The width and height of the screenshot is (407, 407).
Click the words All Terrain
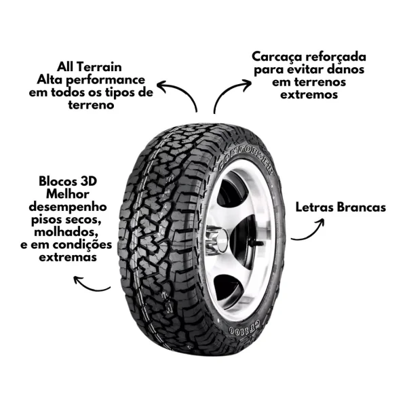point(90,67)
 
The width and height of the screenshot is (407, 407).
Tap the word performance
point(105,79)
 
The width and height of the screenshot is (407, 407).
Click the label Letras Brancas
point(341,208)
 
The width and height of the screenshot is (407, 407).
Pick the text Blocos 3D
point(68,181)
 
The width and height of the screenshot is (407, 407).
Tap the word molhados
point(66,232)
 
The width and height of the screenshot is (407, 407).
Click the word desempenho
point(68,207)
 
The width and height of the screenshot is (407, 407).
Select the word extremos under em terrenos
point(309,94)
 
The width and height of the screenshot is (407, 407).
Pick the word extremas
point(68,258)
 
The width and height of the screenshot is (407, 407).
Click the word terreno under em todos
point(91,105)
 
